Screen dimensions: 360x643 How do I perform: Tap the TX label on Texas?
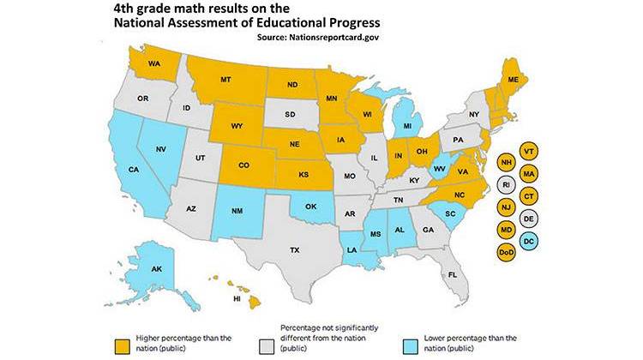(x=294, y=250)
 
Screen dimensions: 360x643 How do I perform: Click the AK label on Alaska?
(x=157, y=269)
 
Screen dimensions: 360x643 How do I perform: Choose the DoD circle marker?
(x=506, y=251)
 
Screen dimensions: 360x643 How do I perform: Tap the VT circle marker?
(x=530, y=151)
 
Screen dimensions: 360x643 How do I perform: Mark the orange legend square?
(x=122, y=344)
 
